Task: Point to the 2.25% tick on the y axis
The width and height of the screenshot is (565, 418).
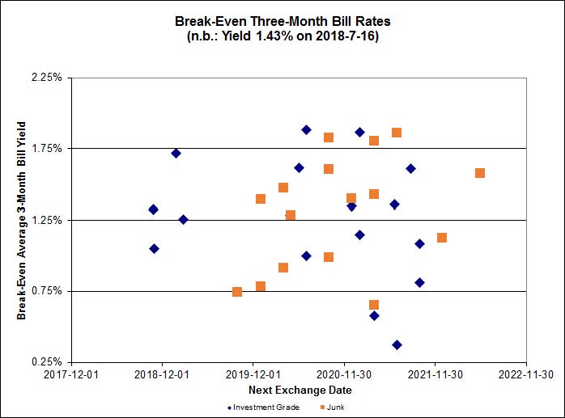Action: pyautogui.click(x=47, y=78)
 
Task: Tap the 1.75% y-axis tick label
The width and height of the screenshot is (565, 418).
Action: pyautogui.click(x=47, y=149)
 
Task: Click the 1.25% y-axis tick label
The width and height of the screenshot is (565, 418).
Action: pyautogui.click(x=47, y=220)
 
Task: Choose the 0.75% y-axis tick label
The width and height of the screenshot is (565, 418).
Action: pyautogui.click(x=47, y=291)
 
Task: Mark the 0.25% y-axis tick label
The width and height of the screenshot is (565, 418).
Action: pyautogui.click(x=47, y=362)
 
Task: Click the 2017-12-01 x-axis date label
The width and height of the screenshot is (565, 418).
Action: pyautogui.click(x=71, y=374)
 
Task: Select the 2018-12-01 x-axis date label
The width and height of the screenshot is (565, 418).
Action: pyautogui.click(x=162, y=374)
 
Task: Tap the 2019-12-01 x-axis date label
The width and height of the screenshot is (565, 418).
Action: pyautogui.click(x=253, y=374)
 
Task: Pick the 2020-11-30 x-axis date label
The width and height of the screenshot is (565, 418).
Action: pyautogui.click(x=344, y=374)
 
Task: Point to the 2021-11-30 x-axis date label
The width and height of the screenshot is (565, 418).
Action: pyautogui.click(x=435, y=374)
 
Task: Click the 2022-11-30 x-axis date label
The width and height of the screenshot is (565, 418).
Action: pyautogui.click(x=526, y=374)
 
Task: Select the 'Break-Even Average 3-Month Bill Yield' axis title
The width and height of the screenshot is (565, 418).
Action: pyautogui.click(x=22, y=220)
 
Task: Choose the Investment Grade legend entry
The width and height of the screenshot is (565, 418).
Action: pyautogui.click(x=264, y=407)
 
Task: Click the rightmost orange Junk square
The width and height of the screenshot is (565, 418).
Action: pyautogui.click(x=480, y=173)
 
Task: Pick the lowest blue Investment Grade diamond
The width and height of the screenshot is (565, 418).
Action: pyautogui.click(x=397, y=344)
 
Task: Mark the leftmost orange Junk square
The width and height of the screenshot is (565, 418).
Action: pyautogui.click(x=237, y=292)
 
